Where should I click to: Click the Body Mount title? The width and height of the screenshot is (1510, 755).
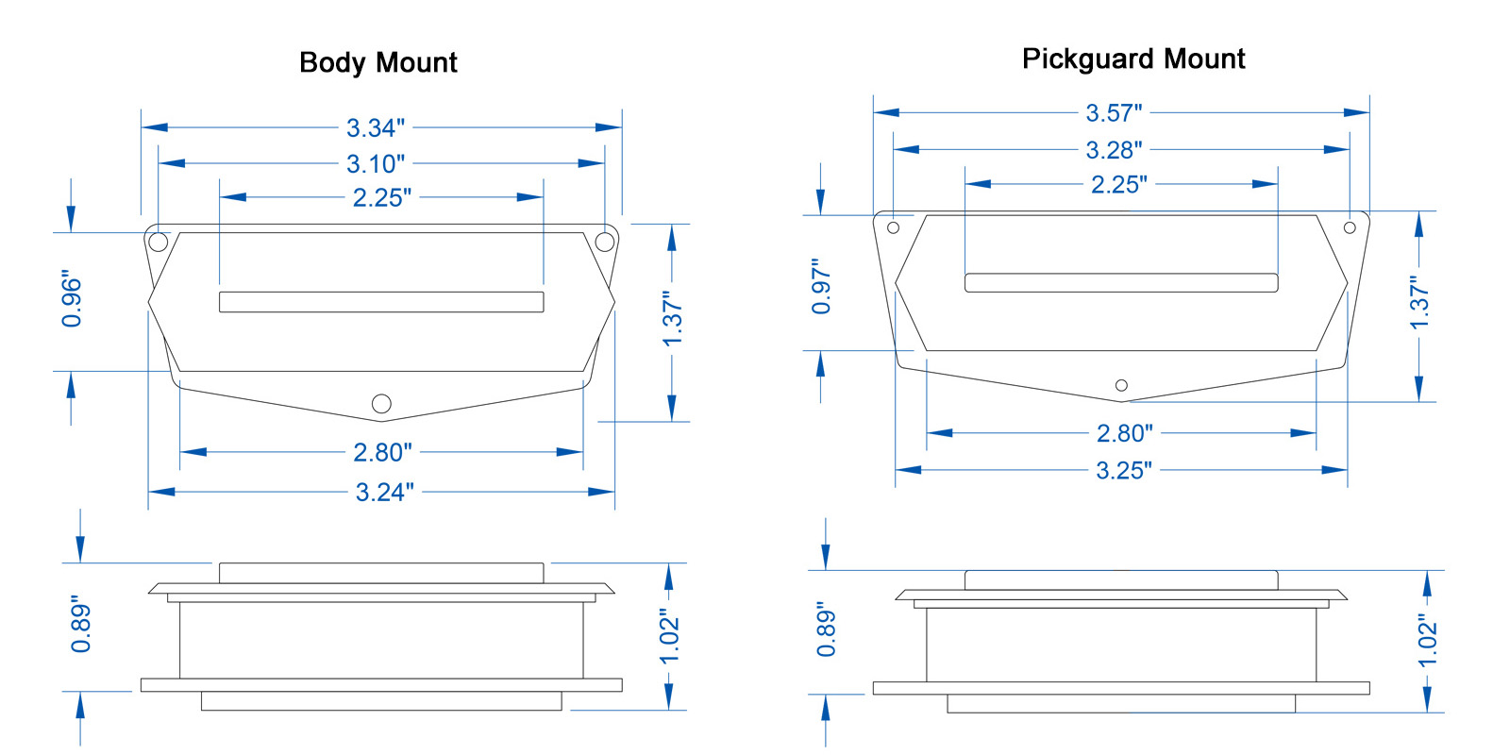[378, 62]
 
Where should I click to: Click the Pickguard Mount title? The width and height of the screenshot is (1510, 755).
[1133, 59]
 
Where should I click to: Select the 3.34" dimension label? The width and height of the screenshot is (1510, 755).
[376, 127]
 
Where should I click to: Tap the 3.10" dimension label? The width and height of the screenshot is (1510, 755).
[376, 164]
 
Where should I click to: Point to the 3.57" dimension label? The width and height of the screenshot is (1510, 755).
[1114, 112]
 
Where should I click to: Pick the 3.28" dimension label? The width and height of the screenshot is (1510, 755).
[1114, 150]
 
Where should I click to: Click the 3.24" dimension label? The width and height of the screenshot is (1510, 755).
[384, 492]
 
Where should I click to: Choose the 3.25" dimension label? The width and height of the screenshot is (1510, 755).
[1124, 470]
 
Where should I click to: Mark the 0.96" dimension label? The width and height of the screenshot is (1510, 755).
[72, 299]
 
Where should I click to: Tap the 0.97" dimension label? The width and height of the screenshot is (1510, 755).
[821, 286]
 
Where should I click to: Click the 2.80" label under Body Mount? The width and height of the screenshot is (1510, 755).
[382, 452]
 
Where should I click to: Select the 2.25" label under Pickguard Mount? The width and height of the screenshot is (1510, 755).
[1119, 184]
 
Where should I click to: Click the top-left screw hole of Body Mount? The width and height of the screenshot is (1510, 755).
[158, 242]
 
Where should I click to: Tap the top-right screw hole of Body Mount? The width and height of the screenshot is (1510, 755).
[605, 242]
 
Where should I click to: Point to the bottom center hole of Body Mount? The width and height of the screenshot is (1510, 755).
[381, 403]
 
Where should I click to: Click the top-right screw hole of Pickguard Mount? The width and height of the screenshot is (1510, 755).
[1350, 227]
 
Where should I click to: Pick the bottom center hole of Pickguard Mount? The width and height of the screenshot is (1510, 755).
[1122, 385]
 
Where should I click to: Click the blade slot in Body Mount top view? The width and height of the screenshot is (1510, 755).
[381, 302]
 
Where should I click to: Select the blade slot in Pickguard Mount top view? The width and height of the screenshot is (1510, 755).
[1121, 282]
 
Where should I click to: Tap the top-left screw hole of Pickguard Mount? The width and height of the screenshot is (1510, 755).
[893, 227]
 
